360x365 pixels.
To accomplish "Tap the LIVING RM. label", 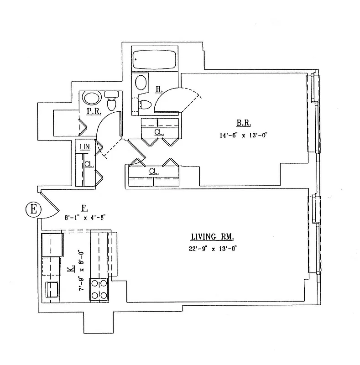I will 213,237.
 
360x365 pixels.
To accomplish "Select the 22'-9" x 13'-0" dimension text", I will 213,248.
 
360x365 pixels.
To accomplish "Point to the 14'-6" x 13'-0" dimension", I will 242,135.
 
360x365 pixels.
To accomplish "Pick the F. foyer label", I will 84,208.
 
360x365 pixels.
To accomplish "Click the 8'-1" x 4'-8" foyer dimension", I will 86,218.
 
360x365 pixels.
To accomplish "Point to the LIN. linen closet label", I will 85,146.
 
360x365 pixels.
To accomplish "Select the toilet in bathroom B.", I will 145,104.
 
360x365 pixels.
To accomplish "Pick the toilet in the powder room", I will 111,101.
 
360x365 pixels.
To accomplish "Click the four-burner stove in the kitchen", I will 99,289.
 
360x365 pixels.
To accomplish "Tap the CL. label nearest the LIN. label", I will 89,164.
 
